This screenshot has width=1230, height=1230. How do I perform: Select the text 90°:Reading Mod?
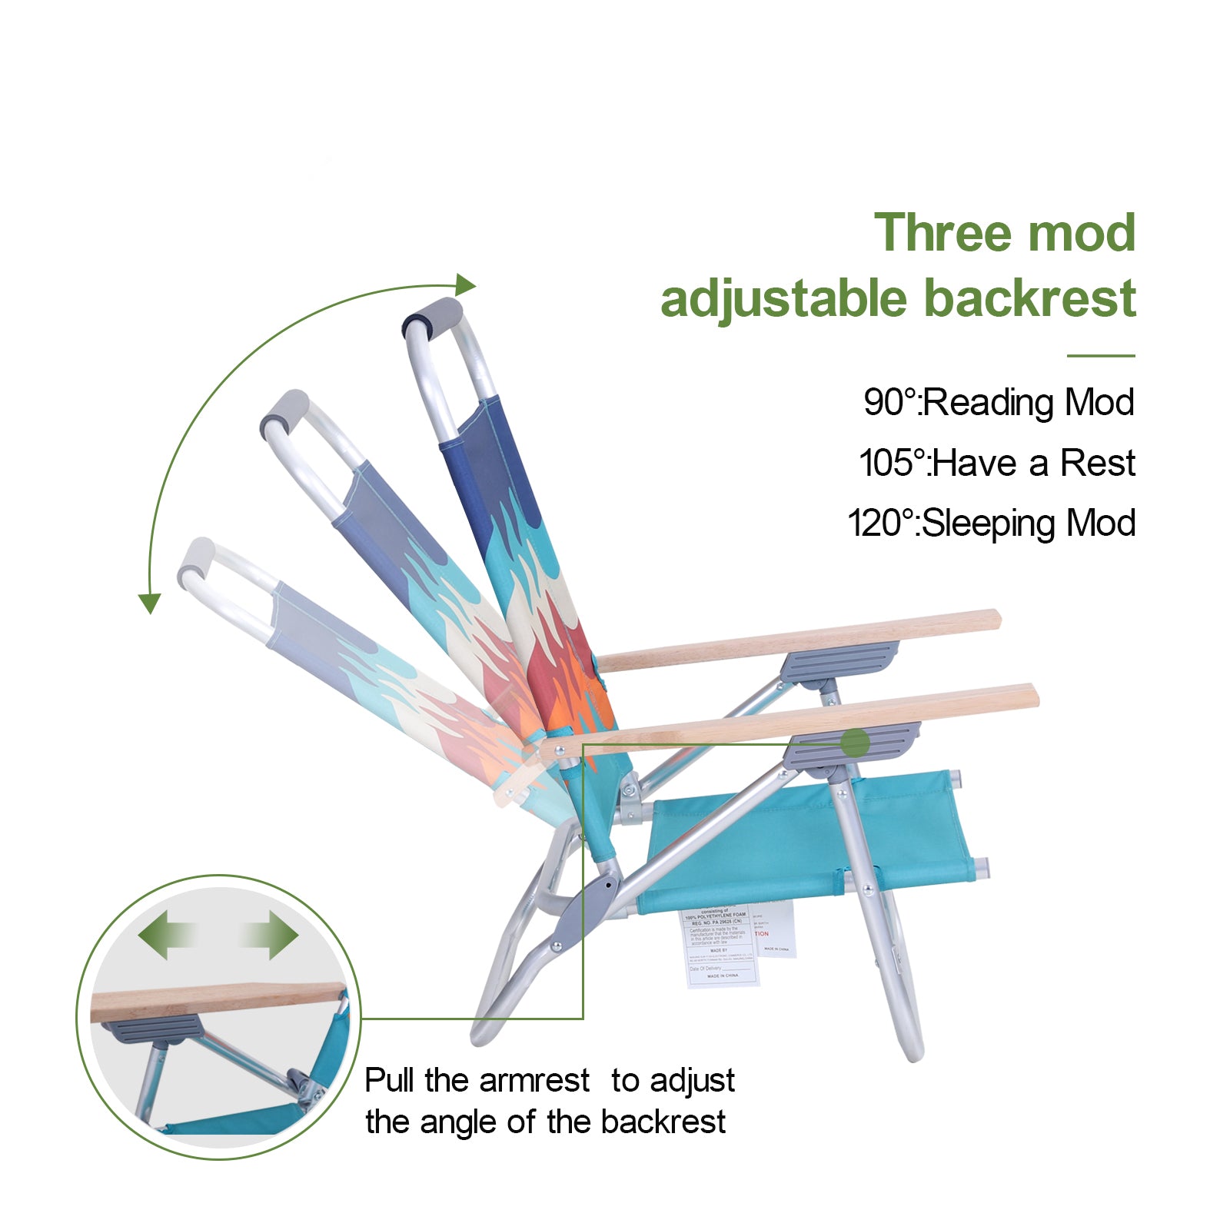[x=999, y=402]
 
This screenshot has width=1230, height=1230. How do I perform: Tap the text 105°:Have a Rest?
[x=996, y=463]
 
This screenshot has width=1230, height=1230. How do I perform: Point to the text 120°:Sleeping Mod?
[x=991, y=524]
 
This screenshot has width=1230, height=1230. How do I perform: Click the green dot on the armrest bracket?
[x=855, y=743]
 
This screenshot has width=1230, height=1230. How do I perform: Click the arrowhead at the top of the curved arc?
[x=465, y=285]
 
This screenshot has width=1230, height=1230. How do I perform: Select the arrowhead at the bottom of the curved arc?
[x=149, y=603]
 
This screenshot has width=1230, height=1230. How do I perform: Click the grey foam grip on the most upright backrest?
[x=434, y=316]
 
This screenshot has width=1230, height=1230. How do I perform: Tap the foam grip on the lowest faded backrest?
[x=196, y=560]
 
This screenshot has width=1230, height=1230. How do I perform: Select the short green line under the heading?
[x=1100, y=356]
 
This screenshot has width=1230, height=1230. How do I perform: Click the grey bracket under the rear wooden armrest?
[x=838, y=661]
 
